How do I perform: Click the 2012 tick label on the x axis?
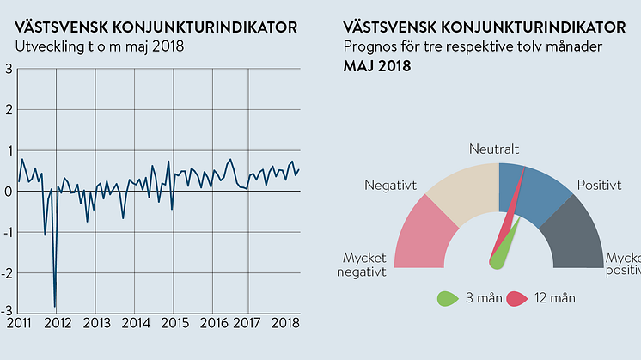point(58,323)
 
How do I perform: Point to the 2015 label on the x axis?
point(174,323)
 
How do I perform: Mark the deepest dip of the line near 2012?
point(55,306)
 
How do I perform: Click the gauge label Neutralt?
point(494,149)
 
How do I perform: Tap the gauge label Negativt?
point(390,185)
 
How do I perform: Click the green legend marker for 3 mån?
point(447,299)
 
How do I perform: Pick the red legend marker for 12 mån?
point(517,299)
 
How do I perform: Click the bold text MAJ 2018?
point(376,66)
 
